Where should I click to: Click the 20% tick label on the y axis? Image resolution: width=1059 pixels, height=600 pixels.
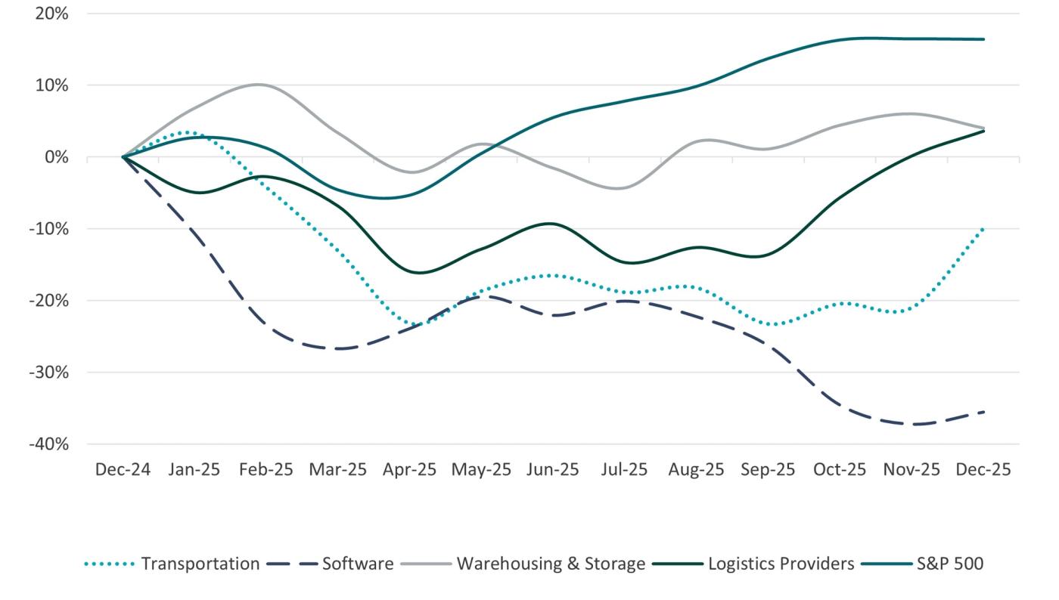coord(51,14)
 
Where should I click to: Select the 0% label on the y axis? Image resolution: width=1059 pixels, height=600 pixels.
coord(56,157)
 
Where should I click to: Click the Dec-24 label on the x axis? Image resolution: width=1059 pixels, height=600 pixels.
coord(123,470)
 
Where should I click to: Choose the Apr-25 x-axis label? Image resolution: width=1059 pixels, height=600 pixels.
coord(409,470)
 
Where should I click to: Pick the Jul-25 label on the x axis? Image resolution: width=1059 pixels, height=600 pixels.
coord(625,470)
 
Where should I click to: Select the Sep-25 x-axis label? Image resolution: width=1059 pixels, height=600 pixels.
coord(768,470)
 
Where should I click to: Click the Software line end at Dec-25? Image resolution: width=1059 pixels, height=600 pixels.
coord(983,412)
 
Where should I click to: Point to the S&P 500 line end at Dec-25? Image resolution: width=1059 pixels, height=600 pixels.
coord(983,39)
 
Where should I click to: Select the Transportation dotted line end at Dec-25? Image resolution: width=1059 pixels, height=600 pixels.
coord(983,227)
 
